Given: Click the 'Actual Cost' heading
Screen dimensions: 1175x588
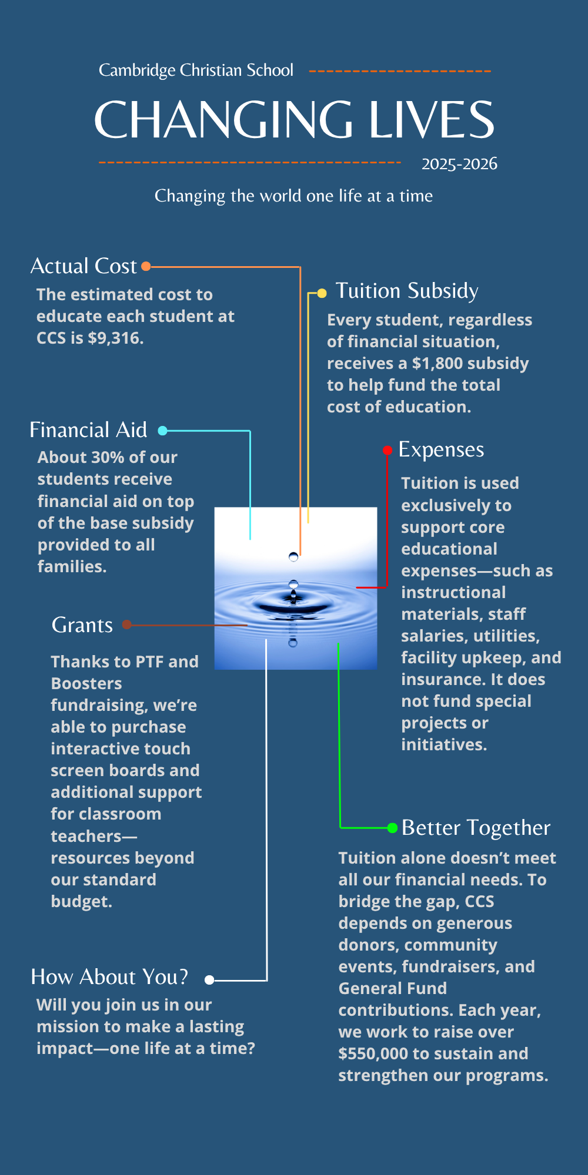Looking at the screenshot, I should tap(83, 266).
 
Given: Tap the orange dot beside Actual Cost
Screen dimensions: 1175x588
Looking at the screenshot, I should tap(146, 266).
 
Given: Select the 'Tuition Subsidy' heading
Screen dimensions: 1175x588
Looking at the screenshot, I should tap(407, 291).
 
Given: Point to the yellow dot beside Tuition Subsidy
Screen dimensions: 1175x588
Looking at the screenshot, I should tap(322, 293).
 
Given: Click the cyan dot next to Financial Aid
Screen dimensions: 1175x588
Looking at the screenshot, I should tap(163, 431).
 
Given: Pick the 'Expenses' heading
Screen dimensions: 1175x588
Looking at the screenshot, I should tap(441, 449).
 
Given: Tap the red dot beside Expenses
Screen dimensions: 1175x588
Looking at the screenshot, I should tap(387, 451).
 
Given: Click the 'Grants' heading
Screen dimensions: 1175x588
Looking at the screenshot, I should tap(82, 625).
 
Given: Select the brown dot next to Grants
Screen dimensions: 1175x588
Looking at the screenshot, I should tap(126, 625).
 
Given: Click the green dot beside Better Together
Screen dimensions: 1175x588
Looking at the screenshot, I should tap(392, 828).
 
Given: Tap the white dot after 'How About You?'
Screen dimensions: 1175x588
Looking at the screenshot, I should tap(209, 980).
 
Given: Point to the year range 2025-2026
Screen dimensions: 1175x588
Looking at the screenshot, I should tap(459, 164).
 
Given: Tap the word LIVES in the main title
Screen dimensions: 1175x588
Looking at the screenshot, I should tap(431, 120).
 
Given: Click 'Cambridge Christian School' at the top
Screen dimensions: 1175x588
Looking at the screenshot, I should tap(196, 70).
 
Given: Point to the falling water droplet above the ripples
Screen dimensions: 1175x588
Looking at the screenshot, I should tap(293, 556).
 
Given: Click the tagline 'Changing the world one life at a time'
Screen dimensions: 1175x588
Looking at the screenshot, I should tap(293, 196).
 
